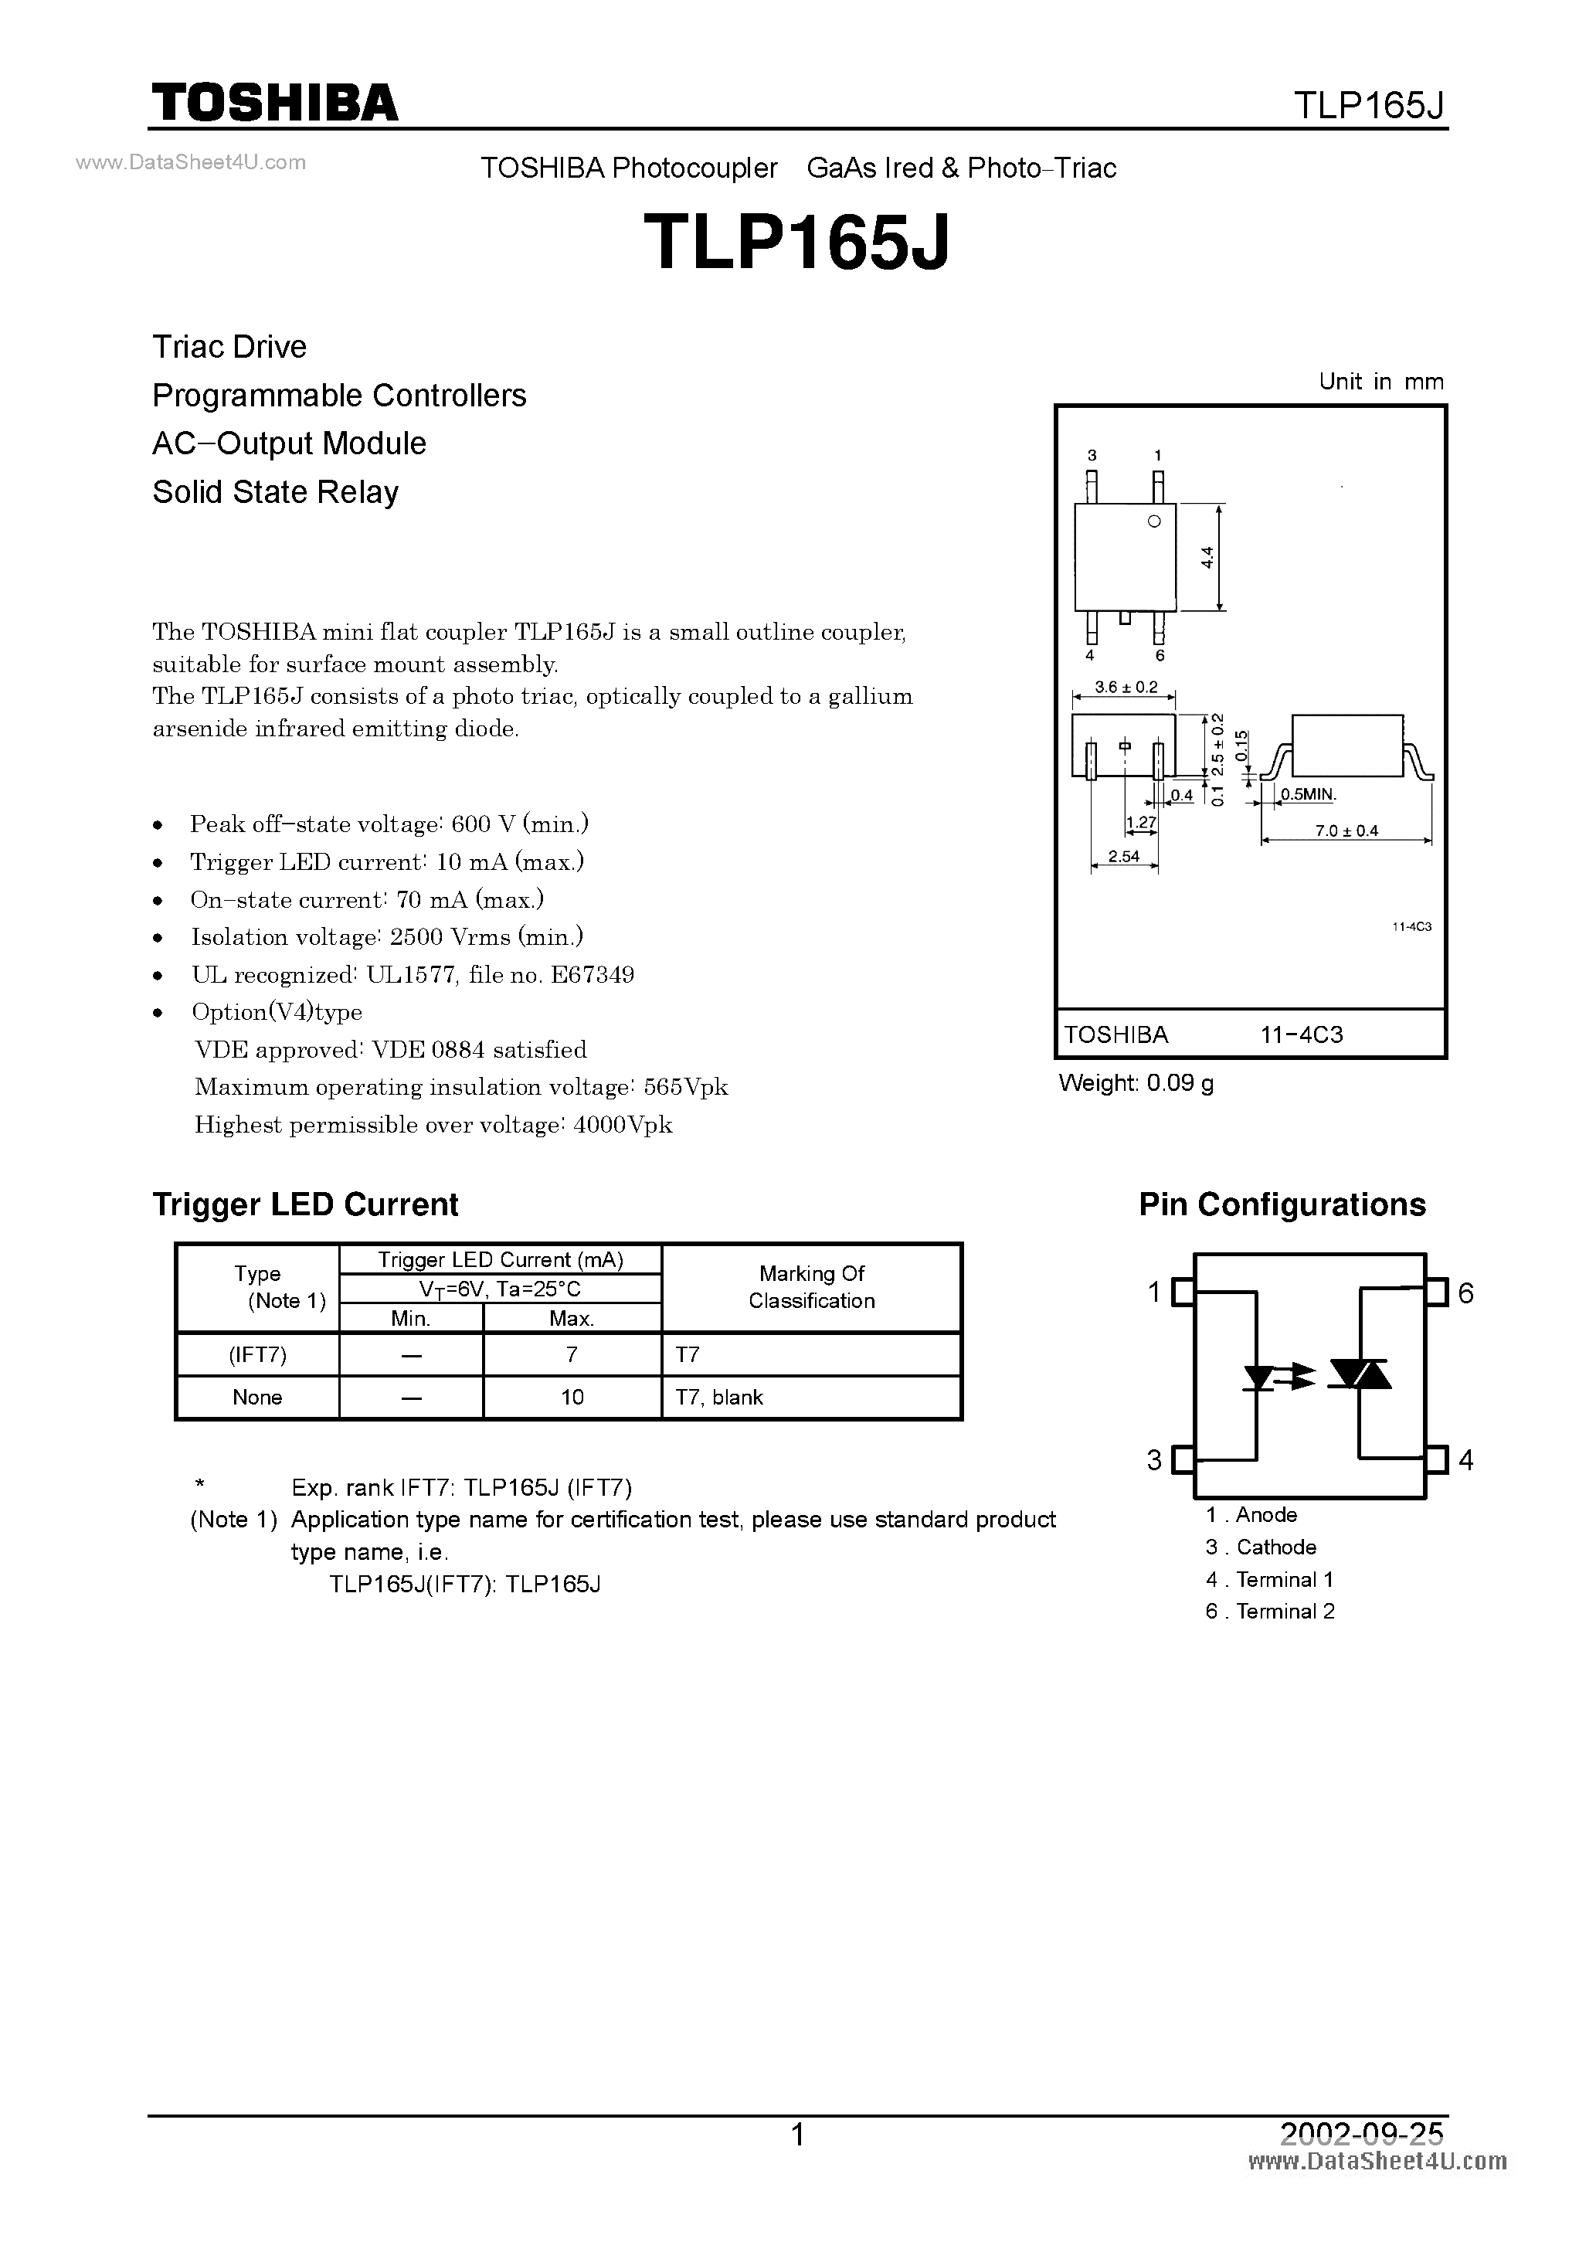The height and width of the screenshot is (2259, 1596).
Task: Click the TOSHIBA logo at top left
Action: [x=274, y=102]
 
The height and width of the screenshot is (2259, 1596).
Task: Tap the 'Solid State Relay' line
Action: [x=276, y=492]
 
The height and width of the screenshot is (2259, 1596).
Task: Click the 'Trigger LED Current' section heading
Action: [x=305, y=1204]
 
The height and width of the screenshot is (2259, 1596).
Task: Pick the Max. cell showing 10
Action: [x=572, y=1397]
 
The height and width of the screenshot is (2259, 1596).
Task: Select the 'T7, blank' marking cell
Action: [x=719, y=1397]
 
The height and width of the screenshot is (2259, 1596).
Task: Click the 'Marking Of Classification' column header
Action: [x=812, y=1287]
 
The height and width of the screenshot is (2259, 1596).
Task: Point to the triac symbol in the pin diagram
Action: [x=1360, y=1374]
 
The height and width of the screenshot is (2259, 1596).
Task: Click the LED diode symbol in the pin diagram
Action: [x=1258, y=1377]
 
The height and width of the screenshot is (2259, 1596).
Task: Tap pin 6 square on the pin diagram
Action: [x=1438, y=1292]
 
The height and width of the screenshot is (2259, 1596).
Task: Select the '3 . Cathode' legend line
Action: [x=1261, y=1547]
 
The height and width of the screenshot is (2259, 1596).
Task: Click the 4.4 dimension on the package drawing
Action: [x=1208, y=558]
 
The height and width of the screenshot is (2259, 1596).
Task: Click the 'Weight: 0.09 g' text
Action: [x=1136, y=1083]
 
